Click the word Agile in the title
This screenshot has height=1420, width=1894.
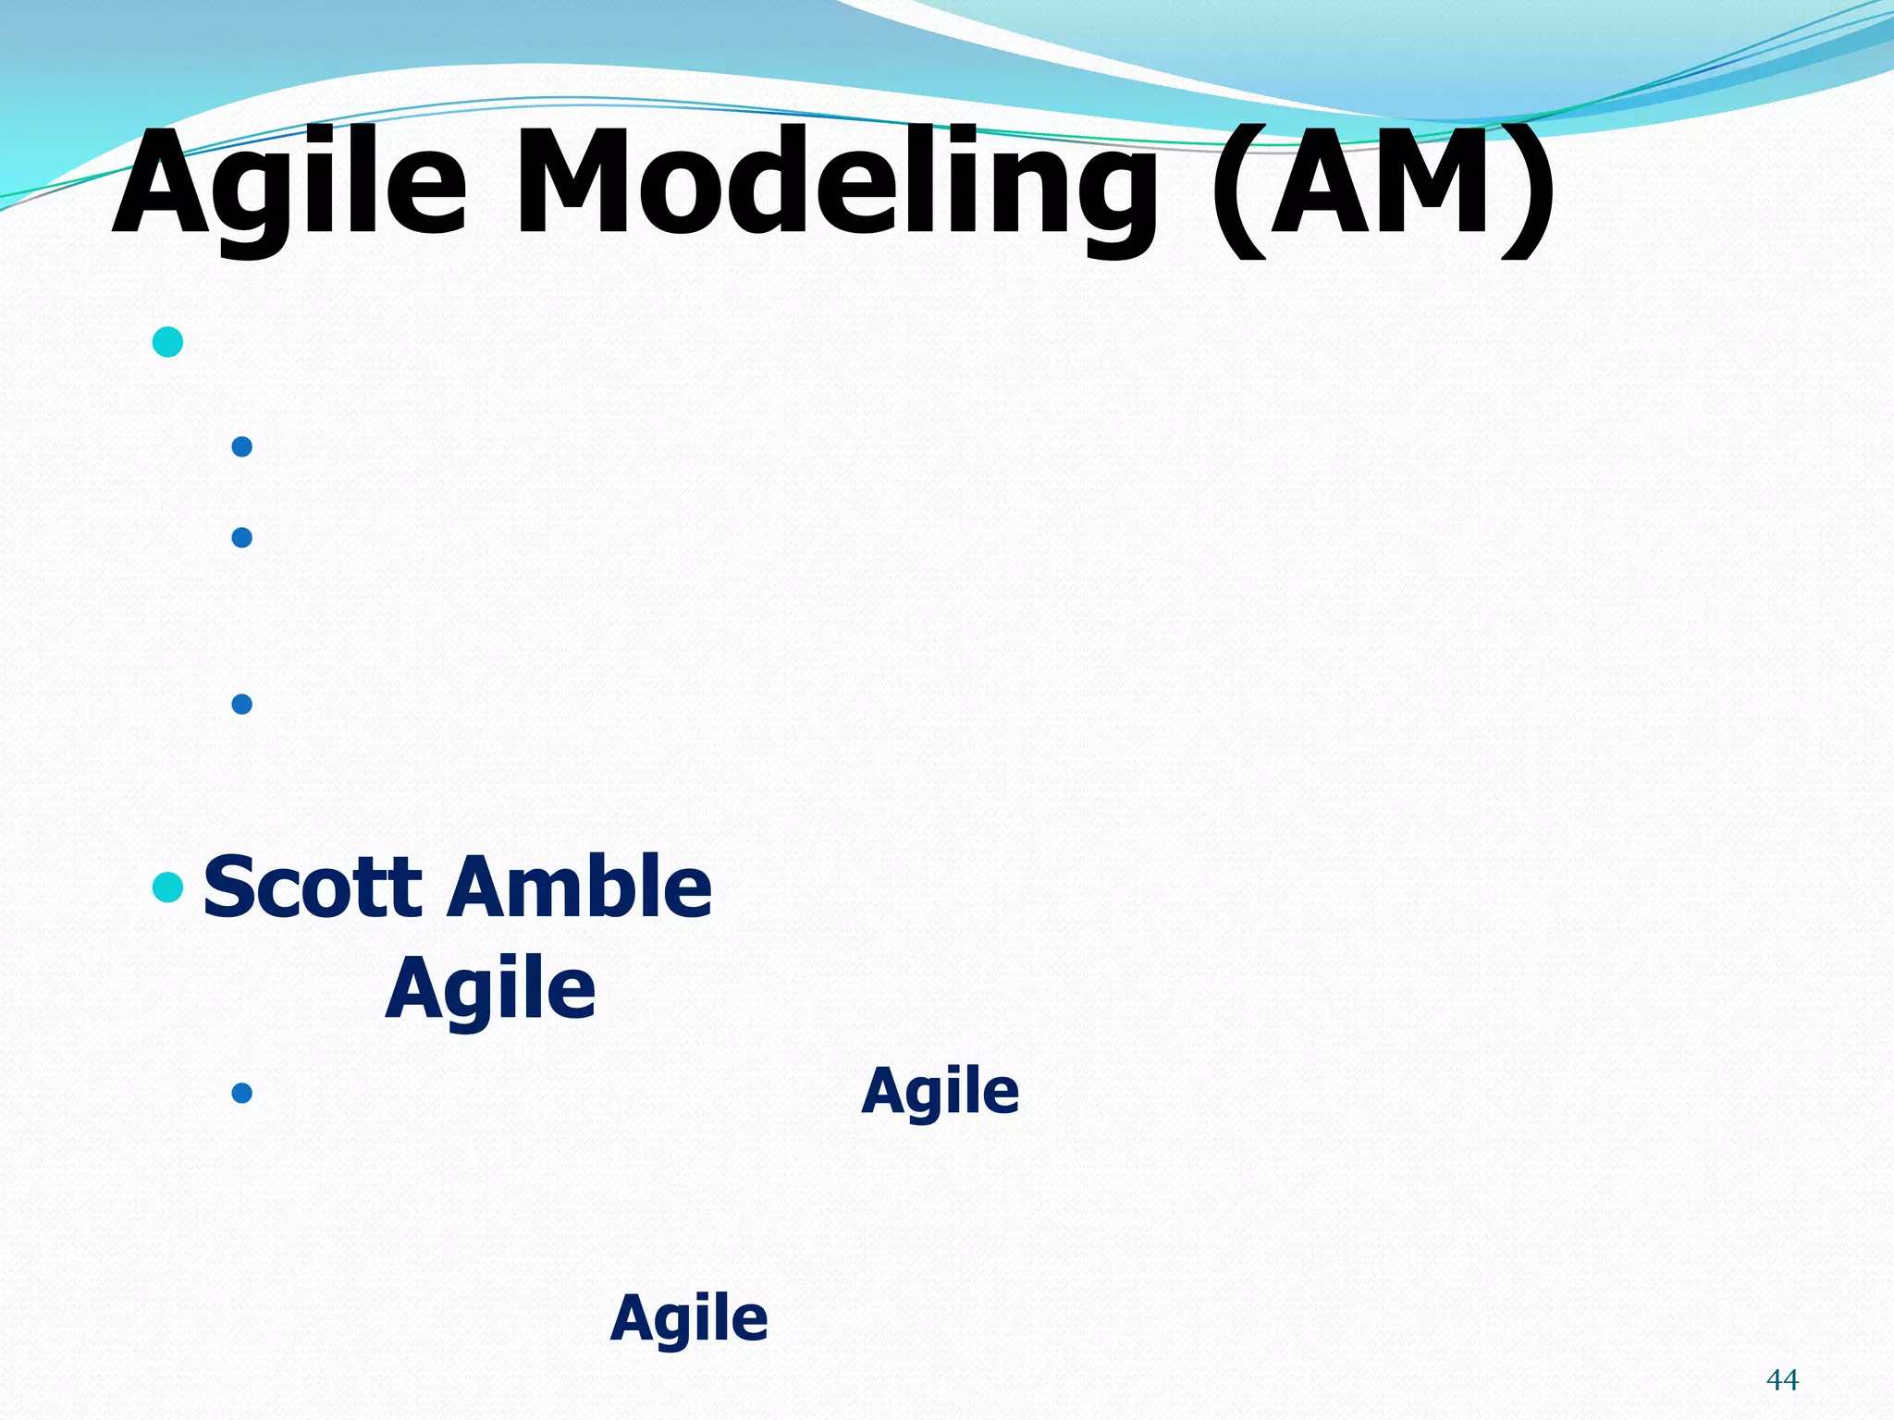tap(290, 185)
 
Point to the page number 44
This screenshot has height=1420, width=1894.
tap(1781, 1380)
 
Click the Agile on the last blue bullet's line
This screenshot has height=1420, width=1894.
tap(940, 1093)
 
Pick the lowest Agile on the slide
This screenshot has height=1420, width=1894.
tap(689, 1319)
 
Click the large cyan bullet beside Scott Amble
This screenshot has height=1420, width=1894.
tap(167, 887)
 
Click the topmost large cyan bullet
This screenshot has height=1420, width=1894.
tap(167, 342)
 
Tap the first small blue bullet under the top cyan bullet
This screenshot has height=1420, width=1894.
tap(242, 447)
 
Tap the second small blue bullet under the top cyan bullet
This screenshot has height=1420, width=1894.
tap(242, 537)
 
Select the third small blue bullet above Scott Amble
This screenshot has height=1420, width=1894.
tap(242, 704)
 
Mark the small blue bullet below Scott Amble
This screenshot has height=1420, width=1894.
tap(242, 1094)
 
